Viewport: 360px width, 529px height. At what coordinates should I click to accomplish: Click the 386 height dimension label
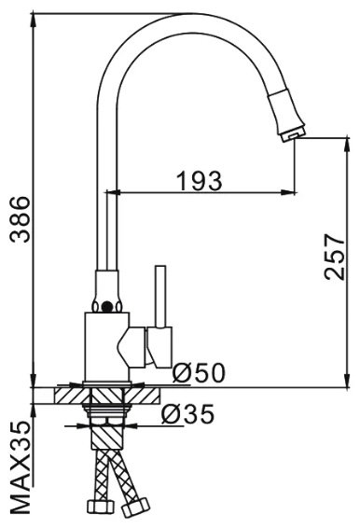20,219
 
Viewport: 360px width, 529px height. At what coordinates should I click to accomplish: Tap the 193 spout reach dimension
200,181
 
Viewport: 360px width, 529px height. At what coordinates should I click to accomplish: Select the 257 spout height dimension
335,257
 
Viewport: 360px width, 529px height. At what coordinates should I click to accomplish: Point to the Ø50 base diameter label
199,373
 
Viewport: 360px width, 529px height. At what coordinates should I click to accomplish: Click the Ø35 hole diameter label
188,413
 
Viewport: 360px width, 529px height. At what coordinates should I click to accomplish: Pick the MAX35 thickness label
20,467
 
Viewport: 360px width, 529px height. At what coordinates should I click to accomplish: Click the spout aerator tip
293,133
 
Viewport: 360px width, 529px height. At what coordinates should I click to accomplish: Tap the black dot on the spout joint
106,306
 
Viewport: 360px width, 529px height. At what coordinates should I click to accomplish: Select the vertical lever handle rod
160,296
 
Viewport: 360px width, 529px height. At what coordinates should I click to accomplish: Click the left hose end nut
101,507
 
